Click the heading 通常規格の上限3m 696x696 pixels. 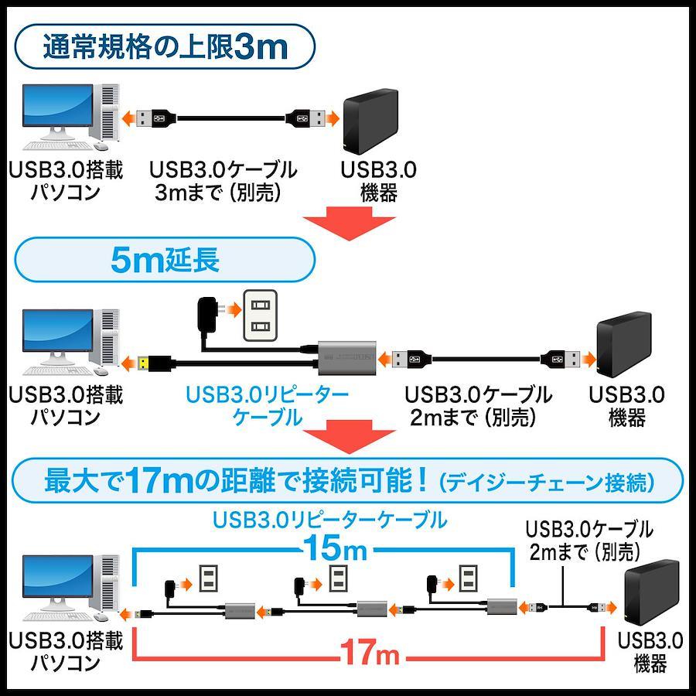165,47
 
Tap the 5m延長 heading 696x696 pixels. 165,260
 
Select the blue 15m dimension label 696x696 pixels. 336,548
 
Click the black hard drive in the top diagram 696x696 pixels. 370,121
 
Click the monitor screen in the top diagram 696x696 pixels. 58,105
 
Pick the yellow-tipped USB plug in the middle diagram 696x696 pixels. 155,363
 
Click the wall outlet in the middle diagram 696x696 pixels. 260,316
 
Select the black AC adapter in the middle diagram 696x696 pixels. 206,315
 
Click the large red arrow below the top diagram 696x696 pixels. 349,223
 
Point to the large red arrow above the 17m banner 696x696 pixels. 349,437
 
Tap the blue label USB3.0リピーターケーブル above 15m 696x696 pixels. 329,520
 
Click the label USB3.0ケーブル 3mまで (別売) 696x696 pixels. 223,181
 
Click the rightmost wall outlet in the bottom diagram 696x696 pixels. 468,578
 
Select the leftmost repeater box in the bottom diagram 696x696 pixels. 240,611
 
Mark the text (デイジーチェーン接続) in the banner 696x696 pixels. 547,483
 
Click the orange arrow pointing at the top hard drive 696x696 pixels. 332,119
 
